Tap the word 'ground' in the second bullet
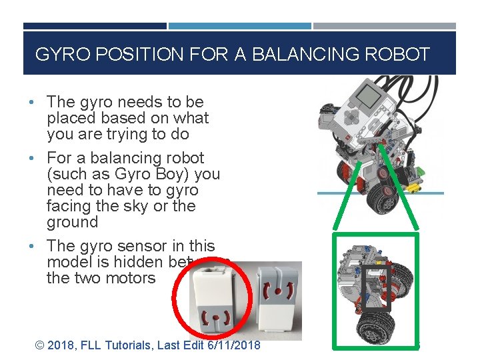72,222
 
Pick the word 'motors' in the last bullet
133,278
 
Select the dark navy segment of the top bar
95,27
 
